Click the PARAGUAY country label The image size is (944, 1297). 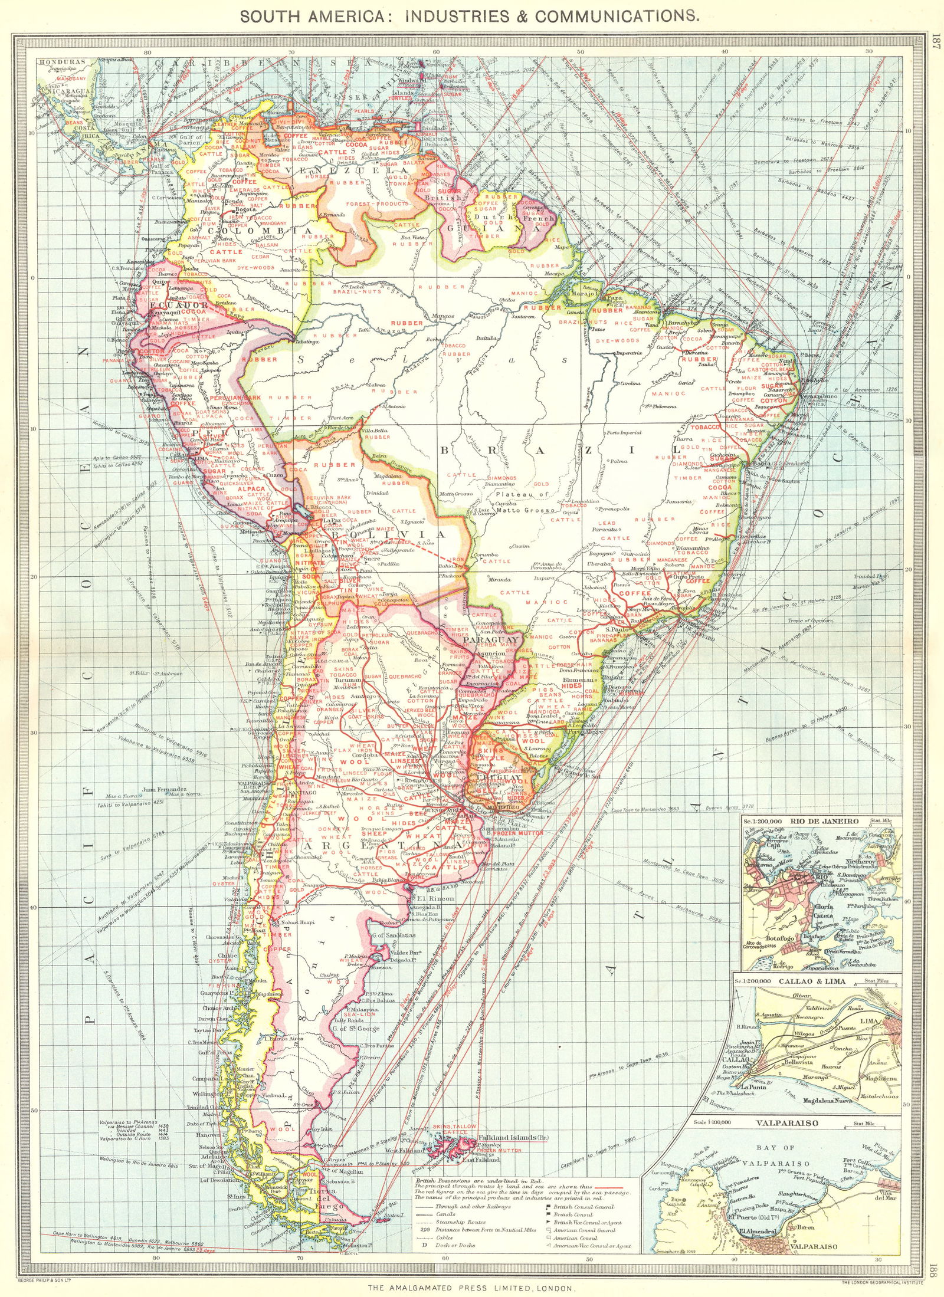pos(491,639)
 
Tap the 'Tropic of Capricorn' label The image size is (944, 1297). pos(811,621)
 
